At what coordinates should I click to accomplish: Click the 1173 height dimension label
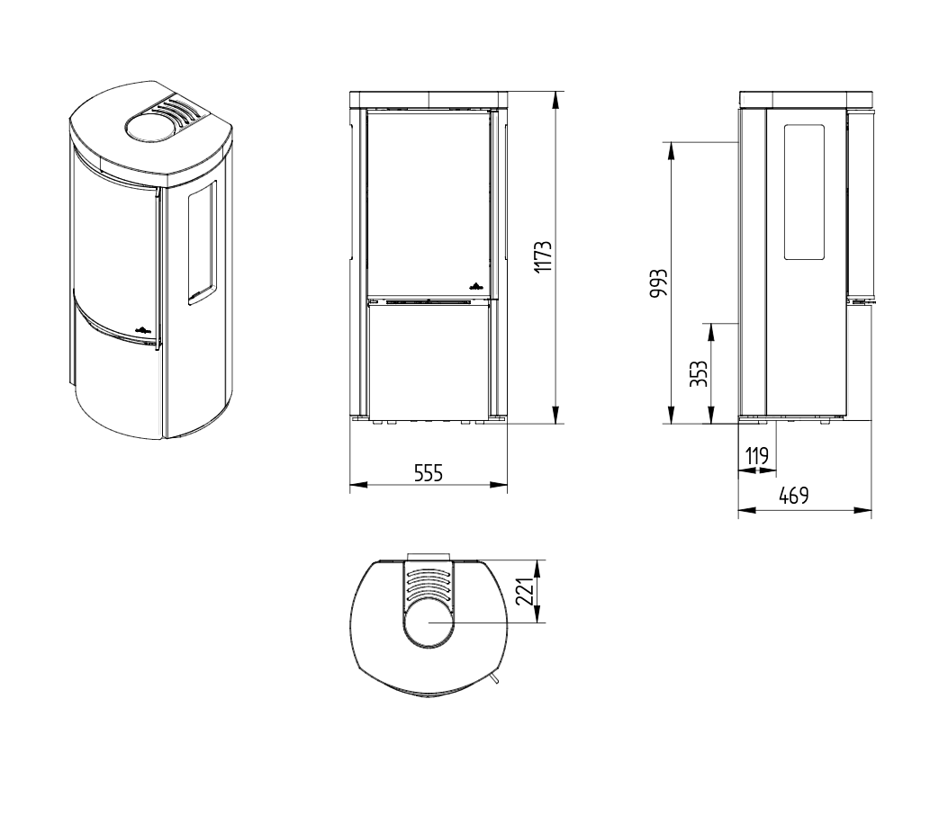(543, 256)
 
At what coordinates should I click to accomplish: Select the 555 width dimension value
(429, 473)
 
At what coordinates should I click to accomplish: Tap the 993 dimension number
(658, 283)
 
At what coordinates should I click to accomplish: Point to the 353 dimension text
(699, 373)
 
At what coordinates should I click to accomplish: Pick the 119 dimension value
(757, 457)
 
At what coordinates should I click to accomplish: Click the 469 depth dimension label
(794, 496)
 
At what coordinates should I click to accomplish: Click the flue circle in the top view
(429, 622)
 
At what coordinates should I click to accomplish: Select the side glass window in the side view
(804, 193)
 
